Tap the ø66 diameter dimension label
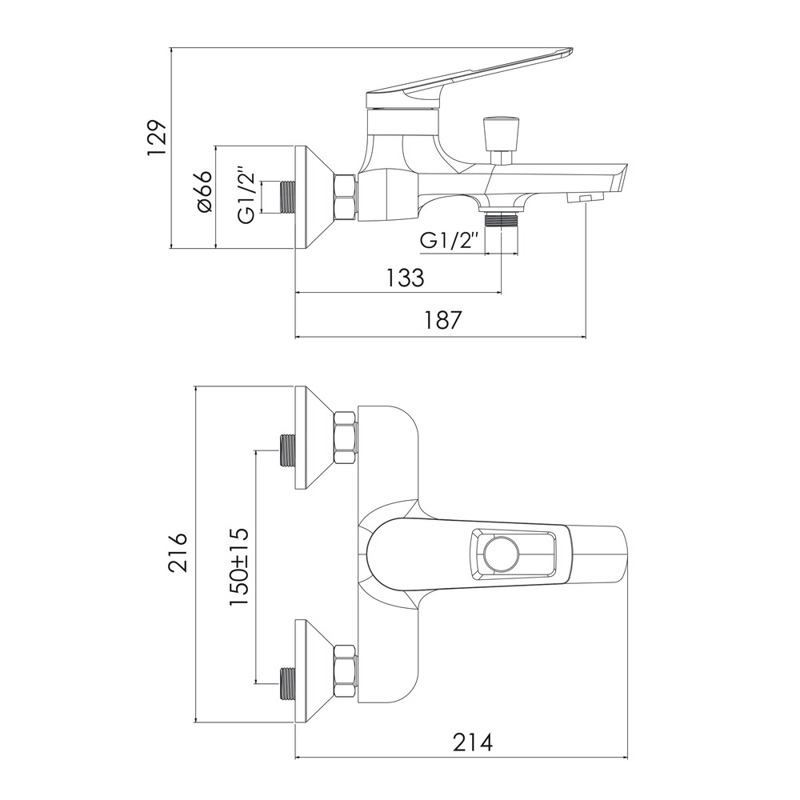click(x=203, y=192)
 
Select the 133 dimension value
click(x=404, y=278)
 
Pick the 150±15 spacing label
click(x=239, y=566)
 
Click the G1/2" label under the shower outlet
click(x=450, y=239)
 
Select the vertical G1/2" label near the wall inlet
click(x=248, y=194)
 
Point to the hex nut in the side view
click(x=346, y=197)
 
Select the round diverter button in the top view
click(x=500, y=553)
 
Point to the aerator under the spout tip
click(x=584, y=198)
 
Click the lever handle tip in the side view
click(x=564, y=52)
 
